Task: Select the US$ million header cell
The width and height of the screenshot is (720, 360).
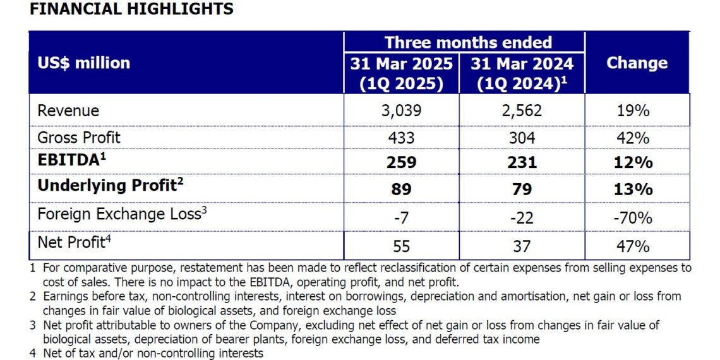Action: click(83, 63)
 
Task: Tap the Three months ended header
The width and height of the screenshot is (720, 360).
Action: click(468, 42)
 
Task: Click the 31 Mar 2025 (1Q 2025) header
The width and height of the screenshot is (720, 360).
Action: click(402, 74)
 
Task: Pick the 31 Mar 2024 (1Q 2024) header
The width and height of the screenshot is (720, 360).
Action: click(522, 74)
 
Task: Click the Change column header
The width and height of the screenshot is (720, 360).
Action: click(637, 63)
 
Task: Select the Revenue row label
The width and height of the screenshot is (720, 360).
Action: click(68, 111)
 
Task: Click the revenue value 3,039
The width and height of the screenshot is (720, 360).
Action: click(401, 111)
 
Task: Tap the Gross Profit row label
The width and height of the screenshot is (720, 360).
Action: click(79, 138)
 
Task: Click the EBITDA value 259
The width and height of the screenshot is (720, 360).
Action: click(401, 162)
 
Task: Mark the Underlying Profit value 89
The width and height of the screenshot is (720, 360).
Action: click(401, 189)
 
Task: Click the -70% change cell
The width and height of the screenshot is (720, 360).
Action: click(633, 218)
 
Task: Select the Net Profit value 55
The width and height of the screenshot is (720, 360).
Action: click(401, 244)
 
